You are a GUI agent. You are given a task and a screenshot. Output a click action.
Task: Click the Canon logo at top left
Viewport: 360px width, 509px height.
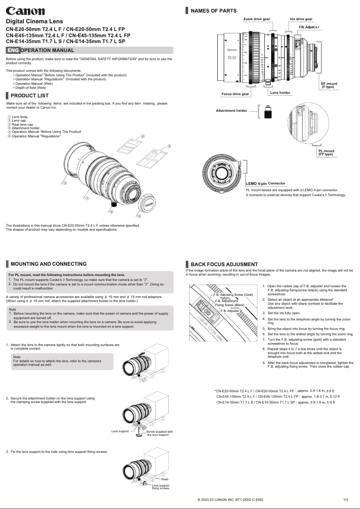click(25, 11)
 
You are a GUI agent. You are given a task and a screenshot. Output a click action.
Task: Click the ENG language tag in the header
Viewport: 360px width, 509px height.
click(13, 50)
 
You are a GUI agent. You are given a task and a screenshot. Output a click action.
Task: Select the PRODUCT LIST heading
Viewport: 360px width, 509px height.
click(30, 96)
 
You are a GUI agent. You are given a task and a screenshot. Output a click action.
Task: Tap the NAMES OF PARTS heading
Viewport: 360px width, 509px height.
click(214, 11)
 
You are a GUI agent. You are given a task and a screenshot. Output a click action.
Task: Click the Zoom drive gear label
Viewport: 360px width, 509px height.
click(256, 19)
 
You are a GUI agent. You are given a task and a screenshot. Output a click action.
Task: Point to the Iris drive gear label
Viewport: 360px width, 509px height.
click(301, 19)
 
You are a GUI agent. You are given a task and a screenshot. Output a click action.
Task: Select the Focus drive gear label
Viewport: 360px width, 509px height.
click(235, 94)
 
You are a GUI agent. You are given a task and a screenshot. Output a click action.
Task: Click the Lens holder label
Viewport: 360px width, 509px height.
click(280, 92)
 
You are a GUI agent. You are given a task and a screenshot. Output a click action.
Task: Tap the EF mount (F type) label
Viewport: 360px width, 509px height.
click(329, 85)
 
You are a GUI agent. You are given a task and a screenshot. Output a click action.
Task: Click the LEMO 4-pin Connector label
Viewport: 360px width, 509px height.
click(265, 184)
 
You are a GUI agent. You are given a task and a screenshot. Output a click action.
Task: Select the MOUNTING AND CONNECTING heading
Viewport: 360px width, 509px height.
click(48, 264)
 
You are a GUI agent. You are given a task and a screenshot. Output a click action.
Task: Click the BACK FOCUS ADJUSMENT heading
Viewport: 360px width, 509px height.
click(224, 264)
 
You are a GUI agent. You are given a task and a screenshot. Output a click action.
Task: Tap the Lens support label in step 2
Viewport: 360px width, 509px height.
click(120, 431)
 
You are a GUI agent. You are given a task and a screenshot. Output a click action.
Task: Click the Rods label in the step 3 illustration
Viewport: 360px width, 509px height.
click(165, 480)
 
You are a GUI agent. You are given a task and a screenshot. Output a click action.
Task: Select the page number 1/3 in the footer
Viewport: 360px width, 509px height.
click(346, 499)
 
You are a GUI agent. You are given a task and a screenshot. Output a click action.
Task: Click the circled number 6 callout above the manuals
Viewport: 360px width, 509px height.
click(142, 136)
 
